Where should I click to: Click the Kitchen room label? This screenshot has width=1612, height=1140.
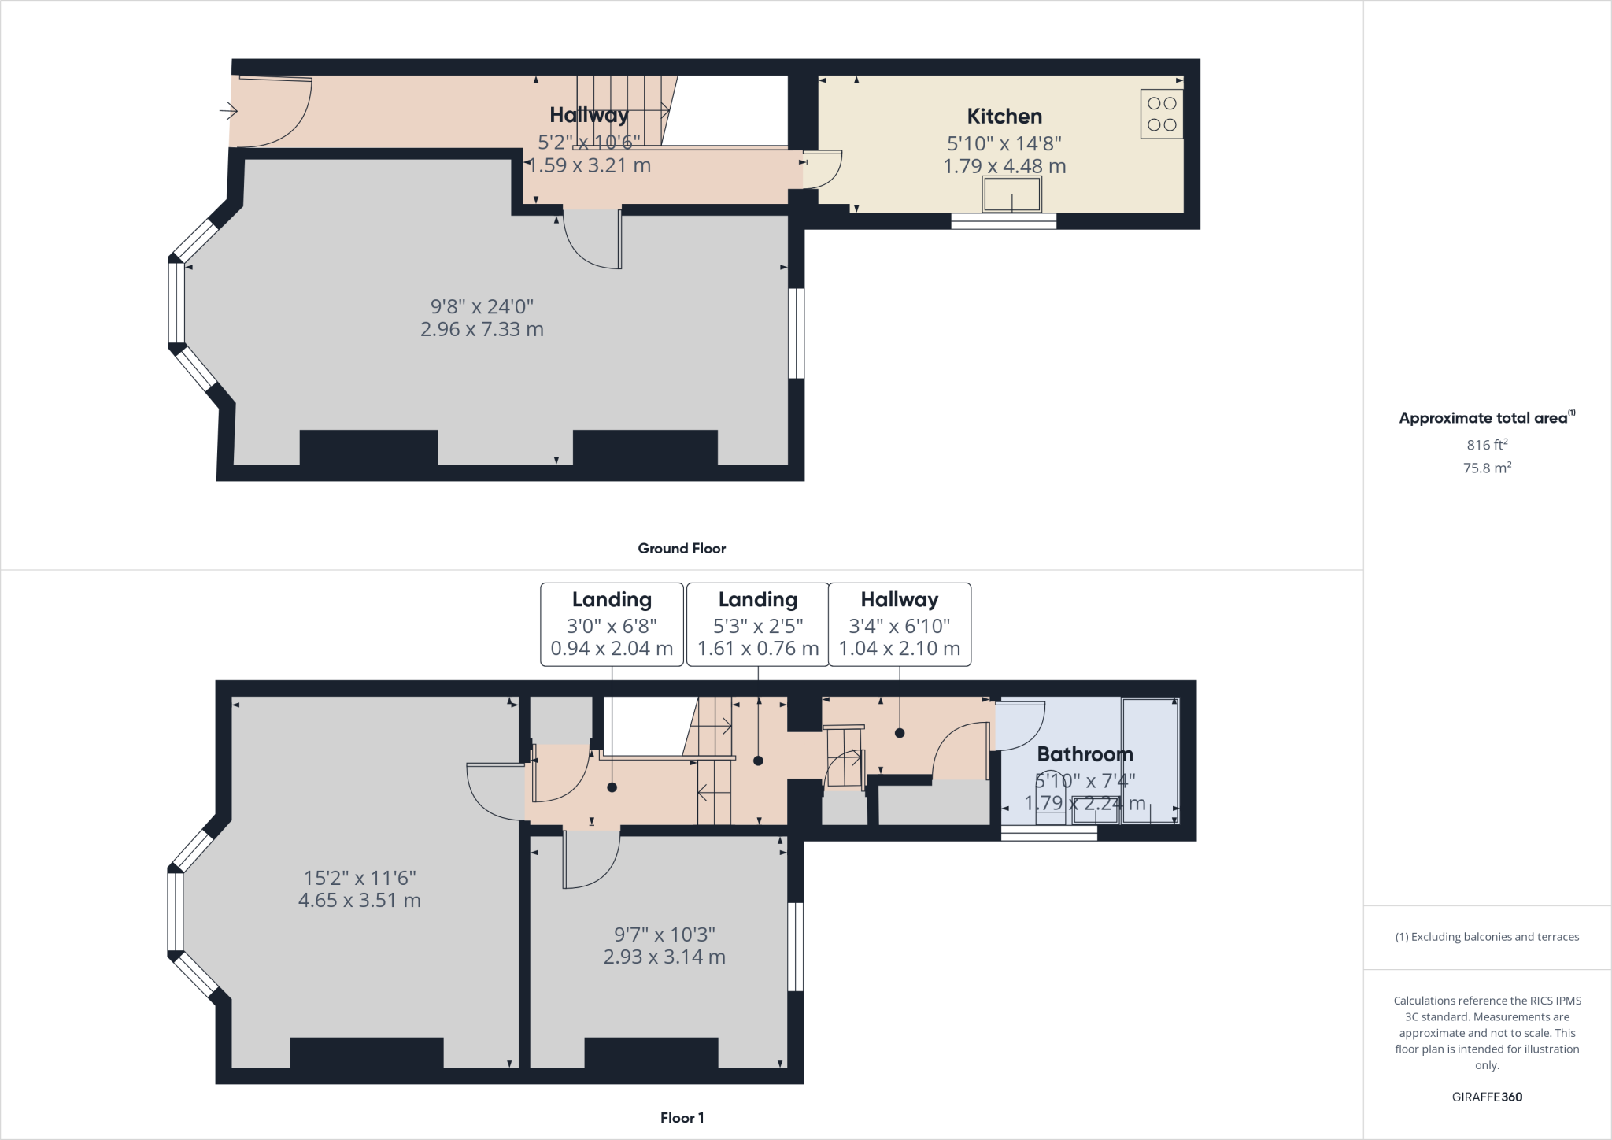pos(1004,117)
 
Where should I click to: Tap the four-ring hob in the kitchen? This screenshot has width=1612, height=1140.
pos(1162,114)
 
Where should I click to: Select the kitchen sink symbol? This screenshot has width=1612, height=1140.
pos(1011,194)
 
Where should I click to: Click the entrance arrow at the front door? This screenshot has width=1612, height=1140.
pos(228,111)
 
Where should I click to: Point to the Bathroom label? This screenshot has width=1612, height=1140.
pos(1085,754)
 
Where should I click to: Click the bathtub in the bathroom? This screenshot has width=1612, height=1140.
pos(1150,761)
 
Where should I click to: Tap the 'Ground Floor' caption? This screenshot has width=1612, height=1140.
pos(682,549)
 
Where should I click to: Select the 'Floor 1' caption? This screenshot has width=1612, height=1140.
pos(682,1118)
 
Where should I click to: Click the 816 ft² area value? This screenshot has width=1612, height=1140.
pos(1487,445)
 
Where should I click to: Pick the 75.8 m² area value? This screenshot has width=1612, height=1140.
pos(1487,468)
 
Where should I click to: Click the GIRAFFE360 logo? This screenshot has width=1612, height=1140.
pos(1487,1097)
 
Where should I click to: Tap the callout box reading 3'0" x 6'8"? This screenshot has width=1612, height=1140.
pos(612,625)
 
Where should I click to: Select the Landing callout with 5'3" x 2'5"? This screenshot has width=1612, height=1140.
pos(758,625)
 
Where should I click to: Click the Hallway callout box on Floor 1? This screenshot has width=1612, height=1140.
pos(900,625)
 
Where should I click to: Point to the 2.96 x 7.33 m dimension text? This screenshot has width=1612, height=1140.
pos(482,329)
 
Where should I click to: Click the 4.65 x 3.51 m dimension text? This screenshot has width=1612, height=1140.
pos(360,900)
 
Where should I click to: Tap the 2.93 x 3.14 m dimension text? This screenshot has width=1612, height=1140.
pos(664,957)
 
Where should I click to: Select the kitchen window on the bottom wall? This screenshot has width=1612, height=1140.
pos(1004,221)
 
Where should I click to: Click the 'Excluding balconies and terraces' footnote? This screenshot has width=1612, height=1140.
pos(1487,937)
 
